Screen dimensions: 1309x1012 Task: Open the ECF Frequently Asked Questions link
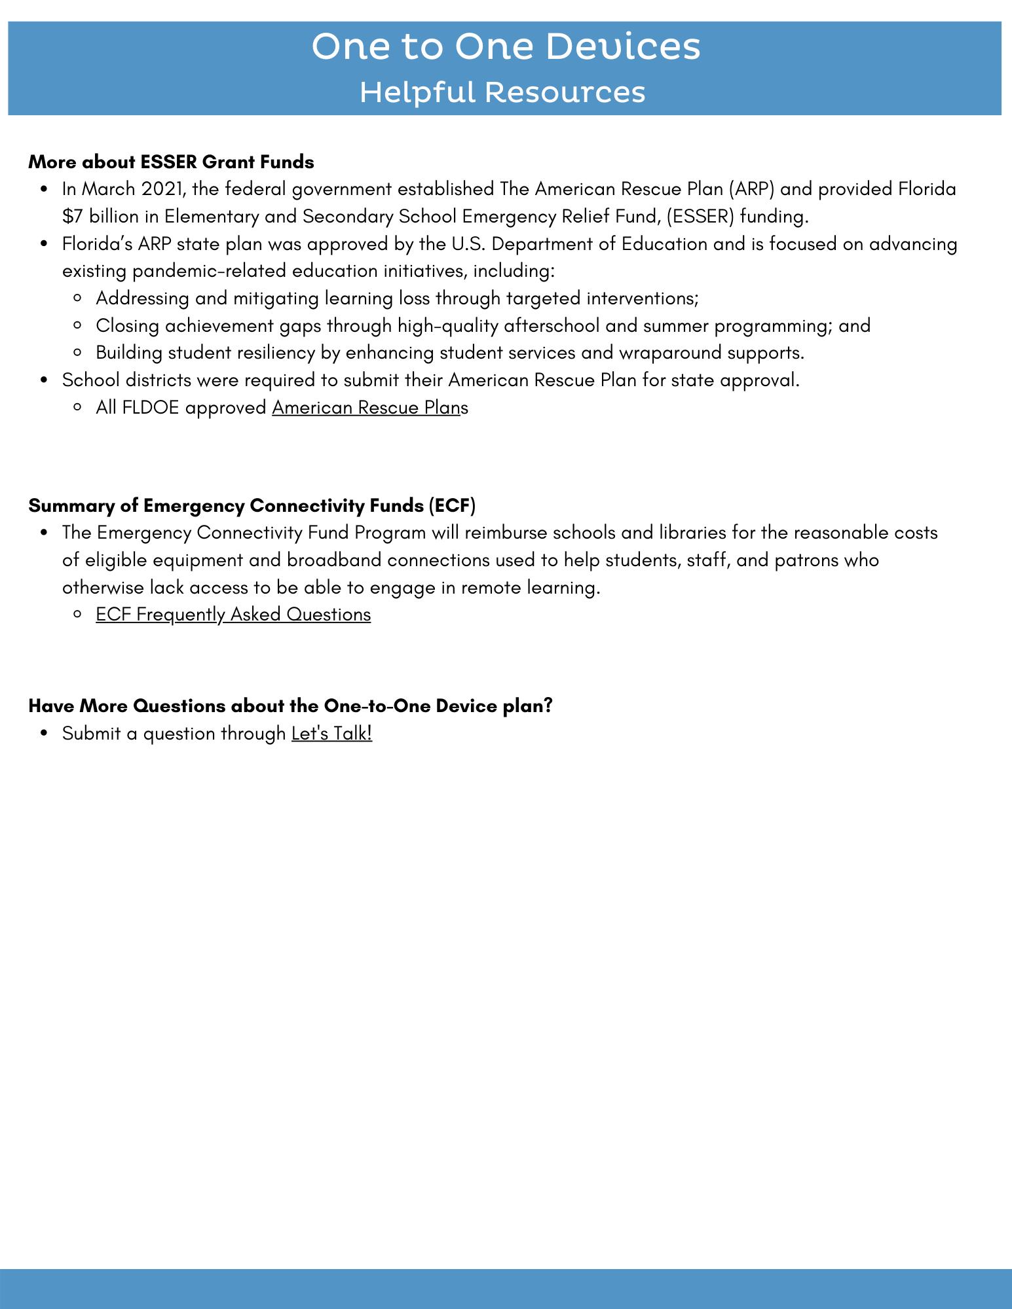233,615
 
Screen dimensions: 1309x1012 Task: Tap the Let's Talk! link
331,734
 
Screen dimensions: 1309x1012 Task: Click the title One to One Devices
506,47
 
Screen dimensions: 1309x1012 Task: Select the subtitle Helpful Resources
502,92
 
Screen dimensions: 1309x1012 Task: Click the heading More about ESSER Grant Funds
171,162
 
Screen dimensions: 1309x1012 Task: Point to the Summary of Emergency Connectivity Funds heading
252,505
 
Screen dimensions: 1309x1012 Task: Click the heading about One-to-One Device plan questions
290,706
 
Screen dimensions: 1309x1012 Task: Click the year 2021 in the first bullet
159,189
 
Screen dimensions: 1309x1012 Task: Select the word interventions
643,298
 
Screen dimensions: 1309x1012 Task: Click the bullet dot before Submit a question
45,734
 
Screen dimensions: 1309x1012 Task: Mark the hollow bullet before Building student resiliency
78,353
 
